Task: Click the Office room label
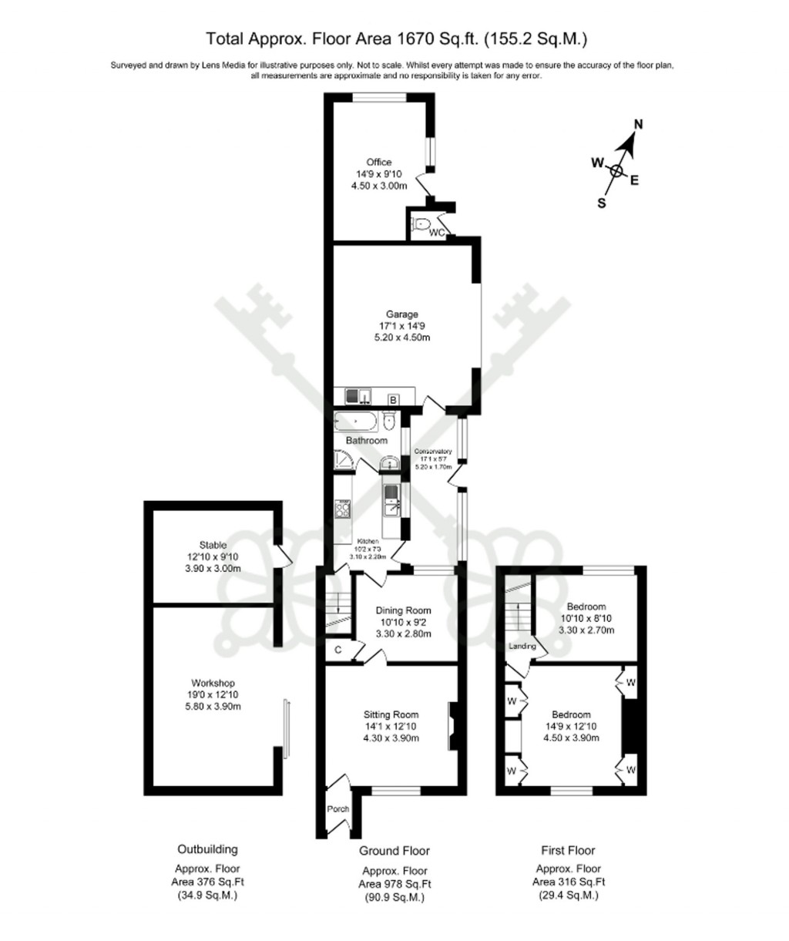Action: coord(378,163)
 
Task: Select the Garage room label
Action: coord(402,314)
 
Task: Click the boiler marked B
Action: coord(393,399)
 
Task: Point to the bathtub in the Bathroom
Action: coord(356,422)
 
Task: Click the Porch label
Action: coord(338,809)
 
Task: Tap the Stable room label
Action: coord(212,546)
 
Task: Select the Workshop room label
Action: coord(213,684)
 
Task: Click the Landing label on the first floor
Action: coord(522,647)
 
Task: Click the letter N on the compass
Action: coord(638,125)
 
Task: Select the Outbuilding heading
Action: coord(207,849)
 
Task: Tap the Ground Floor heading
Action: coord(394,851)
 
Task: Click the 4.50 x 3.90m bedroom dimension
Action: coord(571,738)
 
